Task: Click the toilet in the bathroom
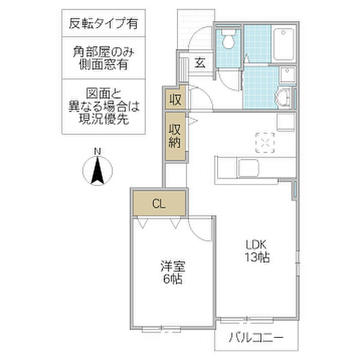coord(229,39)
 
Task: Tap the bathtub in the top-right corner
coord(284,44)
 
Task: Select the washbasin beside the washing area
coord(284,98)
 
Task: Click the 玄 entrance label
coord(200,62)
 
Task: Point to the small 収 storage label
coord(176,100)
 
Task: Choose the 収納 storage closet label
coord(175,136)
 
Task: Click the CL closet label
coord(159,203)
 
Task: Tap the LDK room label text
coord(256,245)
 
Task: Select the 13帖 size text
coord(257,257)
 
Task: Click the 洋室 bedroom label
coord(173,266)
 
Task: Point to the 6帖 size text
coord(173,279)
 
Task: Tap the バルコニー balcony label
coord(256,337)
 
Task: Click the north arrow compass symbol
coord(98,170)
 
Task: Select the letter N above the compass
coord(98,152)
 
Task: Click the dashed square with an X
coord(265,143)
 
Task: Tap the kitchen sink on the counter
coord(248,168)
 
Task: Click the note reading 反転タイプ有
coord(103,23)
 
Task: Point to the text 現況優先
coord(104,119)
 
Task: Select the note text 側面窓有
coord(104,65)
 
